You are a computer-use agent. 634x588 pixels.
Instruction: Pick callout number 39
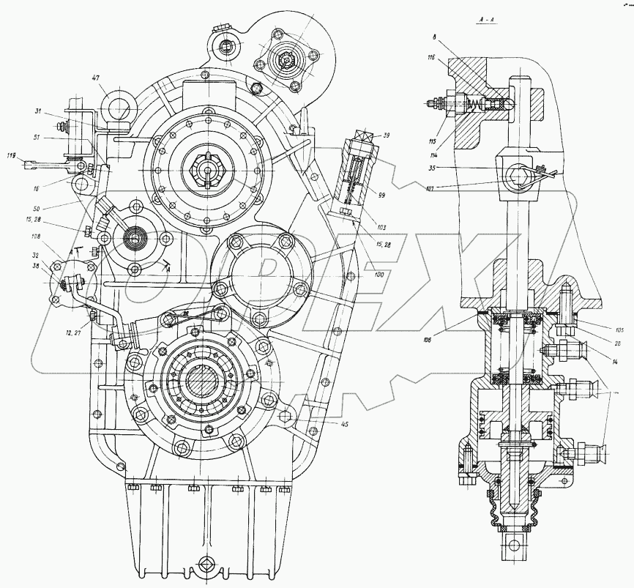click(x=387, y=135)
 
